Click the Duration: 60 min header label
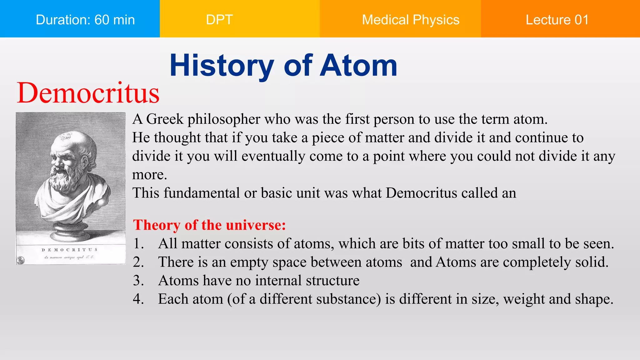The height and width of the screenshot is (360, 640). pos(85,20)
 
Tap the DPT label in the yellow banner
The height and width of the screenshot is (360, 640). pos(219,20)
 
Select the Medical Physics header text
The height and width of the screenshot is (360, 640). pos(410,20)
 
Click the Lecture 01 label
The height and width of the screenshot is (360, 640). pos(557,20)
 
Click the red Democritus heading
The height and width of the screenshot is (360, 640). pos(88,93)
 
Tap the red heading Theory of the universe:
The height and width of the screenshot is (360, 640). pos(209,225)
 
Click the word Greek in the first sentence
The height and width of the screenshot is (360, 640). pos(165,119)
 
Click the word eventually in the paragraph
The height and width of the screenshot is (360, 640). pos(273,156)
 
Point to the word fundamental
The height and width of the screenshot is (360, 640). pos(202,193)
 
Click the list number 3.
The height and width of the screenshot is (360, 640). pos(138,281)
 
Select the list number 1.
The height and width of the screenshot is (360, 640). pos(138,244)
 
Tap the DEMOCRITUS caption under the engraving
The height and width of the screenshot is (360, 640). pos(69,250)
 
